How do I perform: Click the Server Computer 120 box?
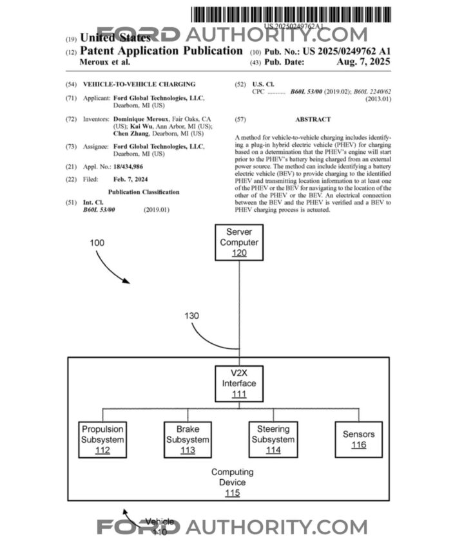(239, 242)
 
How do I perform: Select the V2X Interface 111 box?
(239, 383)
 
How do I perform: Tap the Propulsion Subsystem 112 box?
(102, 439)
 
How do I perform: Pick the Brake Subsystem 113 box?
(188, 439)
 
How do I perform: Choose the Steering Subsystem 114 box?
(273, 439)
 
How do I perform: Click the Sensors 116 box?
(359, 439)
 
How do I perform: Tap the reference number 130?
(192, 316)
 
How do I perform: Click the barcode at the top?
(295, 14)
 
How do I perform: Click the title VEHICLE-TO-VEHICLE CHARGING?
(139, 84)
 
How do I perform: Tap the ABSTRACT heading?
(313, 119)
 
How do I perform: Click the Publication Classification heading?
(144, 192)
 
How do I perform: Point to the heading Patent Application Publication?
(161, 51)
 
